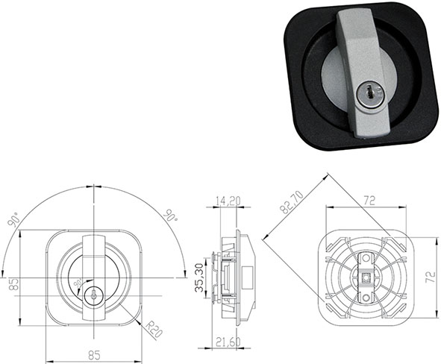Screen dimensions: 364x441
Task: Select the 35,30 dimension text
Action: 201,277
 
